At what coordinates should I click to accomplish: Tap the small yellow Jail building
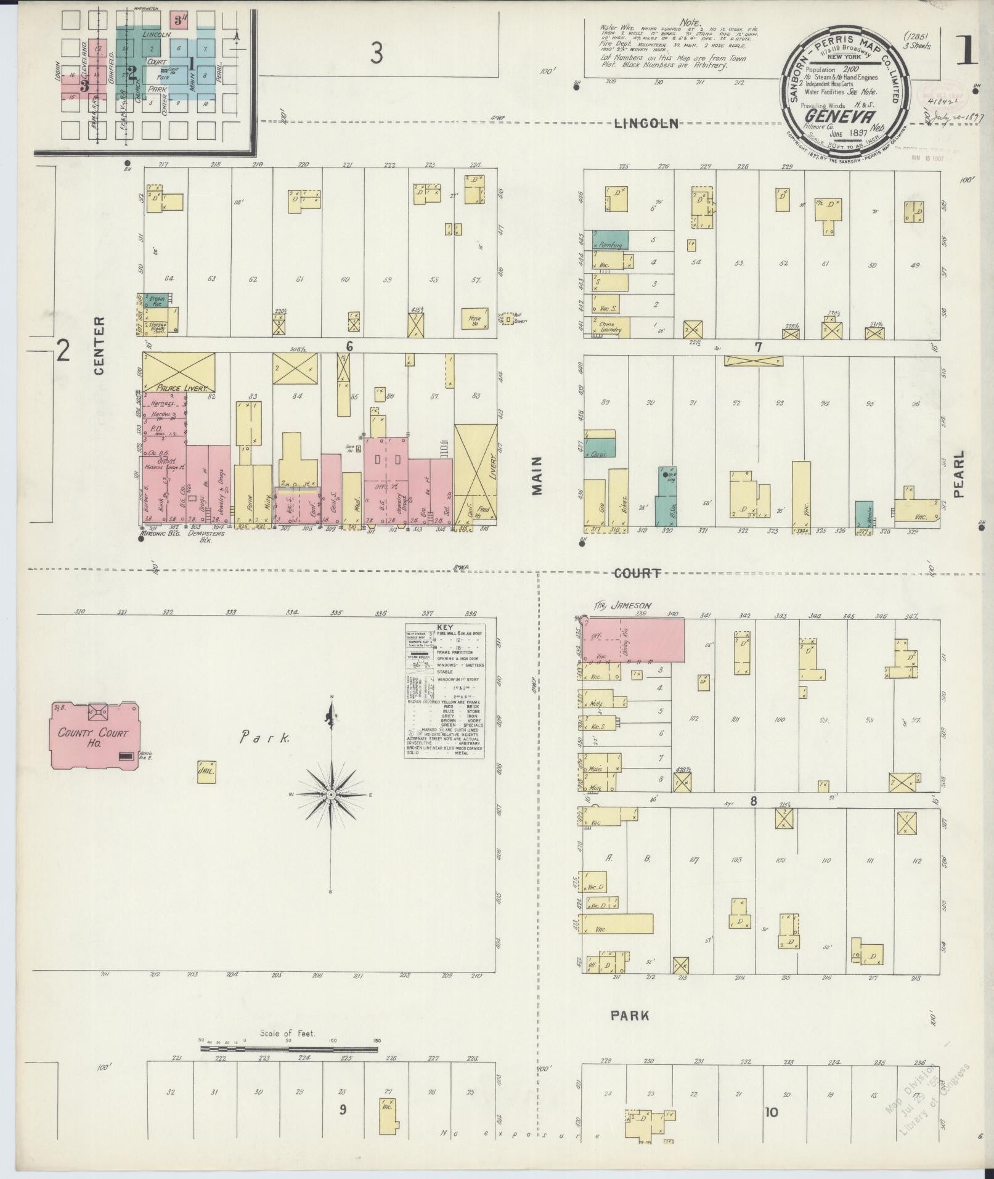(206, 771)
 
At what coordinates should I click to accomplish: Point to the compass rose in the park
(331, 795)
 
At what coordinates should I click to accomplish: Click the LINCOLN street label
(646, 124)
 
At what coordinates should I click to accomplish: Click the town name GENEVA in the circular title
(832, 116)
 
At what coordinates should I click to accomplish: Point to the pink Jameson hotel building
(633, 641)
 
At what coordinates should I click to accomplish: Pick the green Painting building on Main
(610, 240)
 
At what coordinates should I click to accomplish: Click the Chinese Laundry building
(610, 326)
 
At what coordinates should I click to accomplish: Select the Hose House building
(475, 318)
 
